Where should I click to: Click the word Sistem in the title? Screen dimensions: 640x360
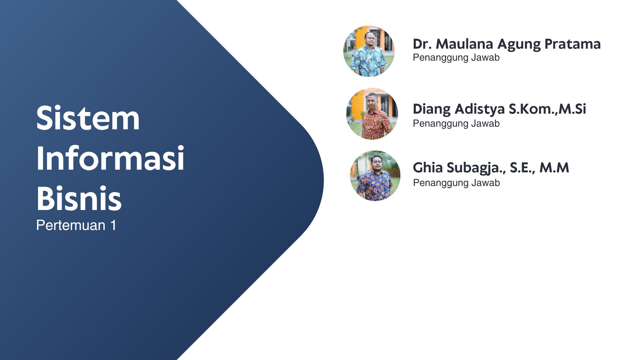88,118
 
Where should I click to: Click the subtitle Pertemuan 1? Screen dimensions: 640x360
76,225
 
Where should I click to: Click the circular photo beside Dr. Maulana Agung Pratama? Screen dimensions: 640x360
369,51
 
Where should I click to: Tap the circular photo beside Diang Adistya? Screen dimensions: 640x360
372,114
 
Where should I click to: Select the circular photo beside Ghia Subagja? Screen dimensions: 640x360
375,176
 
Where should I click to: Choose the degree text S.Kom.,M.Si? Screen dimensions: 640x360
547,109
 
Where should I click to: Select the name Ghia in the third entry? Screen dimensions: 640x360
428,168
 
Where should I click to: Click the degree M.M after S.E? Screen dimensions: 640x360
554,168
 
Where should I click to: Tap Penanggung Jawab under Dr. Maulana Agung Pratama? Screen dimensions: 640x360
456,58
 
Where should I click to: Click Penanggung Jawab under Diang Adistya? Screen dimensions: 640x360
456,124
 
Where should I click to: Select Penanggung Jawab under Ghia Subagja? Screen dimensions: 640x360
456,183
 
